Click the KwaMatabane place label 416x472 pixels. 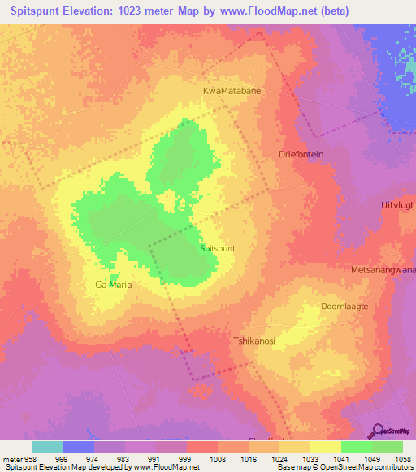(232, 92)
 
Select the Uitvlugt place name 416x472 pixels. (397, 206)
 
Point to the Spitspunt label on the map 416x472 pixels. (218, 250)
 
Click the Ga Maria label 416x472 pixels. (113, 285)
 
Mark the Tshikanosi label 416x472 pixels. (254, 341)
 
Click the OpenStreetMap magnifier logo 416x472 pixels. (379, 431)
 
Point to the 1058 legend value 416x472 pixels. (402, 460)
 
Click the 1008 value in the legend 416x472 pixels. (217, 460)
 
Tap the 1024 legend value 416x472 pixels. (279, 460)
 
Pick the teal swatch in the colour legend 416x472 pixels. (48, 447)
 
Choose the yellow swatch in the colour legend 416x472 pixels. (325, 447)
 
